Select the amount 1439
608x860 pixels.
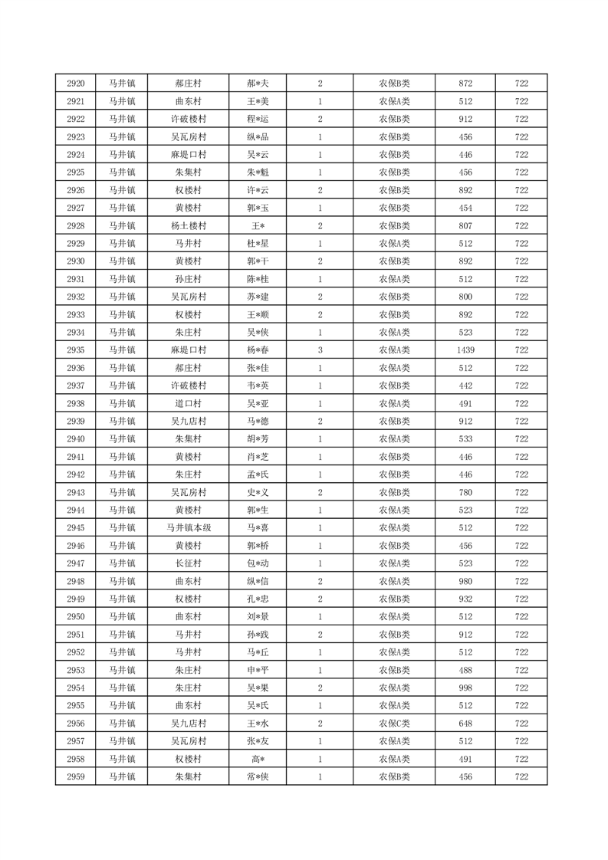click(x=465, y=350)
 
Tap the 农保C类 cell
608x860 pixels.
click(x=394, y=723)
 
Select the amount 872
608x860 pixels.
click(x=465, y=84)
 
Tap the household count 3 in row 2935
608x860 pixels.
click(x=320, y=350)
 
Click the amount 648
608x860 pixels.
click(x=465, y=723)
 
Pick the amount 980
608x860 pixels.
click(x=465, y=581)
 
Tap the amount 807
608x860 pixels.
click(x=465, y=226)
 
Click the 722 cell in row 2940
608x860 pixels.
click(x=521, y=438)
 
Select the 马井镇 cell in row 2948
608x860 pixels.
click(x=121, y=581)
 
